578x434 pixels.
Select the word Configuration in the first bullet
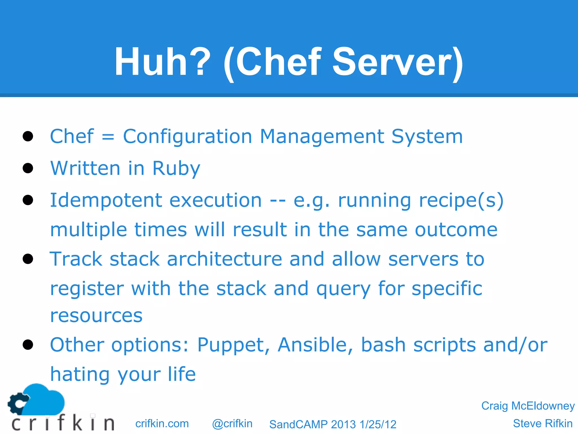click(187, 137)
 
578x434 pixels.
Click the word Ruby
click(176, 169)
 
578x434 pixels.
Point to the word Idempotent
click(106, 201)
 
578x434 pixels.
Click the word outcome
click(456, 230)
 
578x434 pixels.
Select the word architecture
click(225, 259)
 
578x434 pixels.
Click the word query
click(343, 289)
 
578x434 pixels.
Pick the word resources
click(96, 316)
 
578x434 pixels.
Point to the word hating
click(80, 374)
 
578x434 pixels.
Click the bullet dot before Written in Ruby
click(28, 168)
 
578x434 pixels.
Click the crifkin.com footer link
click(162, 424)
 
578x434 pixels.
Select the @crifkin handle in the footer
click(232, 424)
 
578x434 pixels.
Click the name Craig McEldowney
click(528, 406)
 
